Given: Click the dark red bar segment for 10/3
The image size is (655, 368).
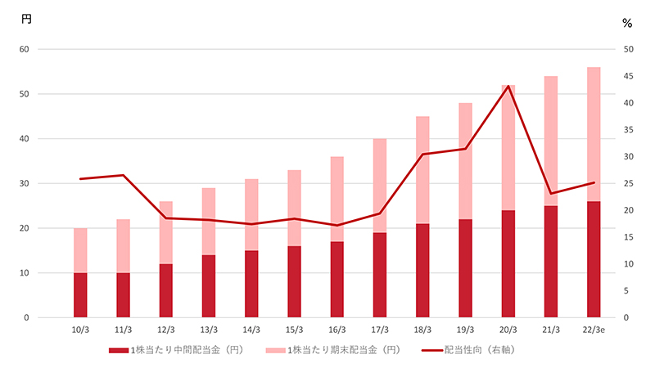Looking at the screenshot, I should (x=80, y=295).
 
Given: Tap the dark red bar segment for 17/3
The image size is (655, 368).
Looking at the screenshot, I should (x=379, y=275).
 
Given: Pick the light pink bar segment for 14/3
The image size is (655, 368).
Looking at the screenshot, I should (x=251, y=214).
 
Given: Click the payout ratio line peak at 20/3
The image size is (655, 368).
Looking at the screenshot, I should (x=508, y=86).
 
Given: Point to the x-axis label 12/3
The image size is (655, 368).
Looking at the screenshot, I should (x=166, y=330).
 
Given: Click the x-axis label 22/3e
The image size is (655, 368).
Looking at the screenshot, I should (x=594, y=330).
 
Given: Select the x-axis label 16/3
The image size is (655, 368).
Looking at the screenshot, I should (x=337, y=330).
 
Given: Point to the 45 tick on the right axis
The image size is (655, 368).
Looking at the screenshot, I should (x=626, y=76).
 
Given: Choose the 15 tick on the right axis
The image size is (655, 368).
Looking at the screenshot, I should (x=626, y=237).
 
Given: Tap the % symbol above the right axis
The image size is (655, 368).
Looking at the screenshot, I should (x=627, y=23).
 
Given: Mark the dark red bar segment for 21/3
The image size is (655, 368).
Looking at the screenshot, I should (x=551, y=262).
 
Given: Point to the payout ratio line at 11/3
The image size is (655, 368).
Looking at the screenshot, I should (x=123, y=175).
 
